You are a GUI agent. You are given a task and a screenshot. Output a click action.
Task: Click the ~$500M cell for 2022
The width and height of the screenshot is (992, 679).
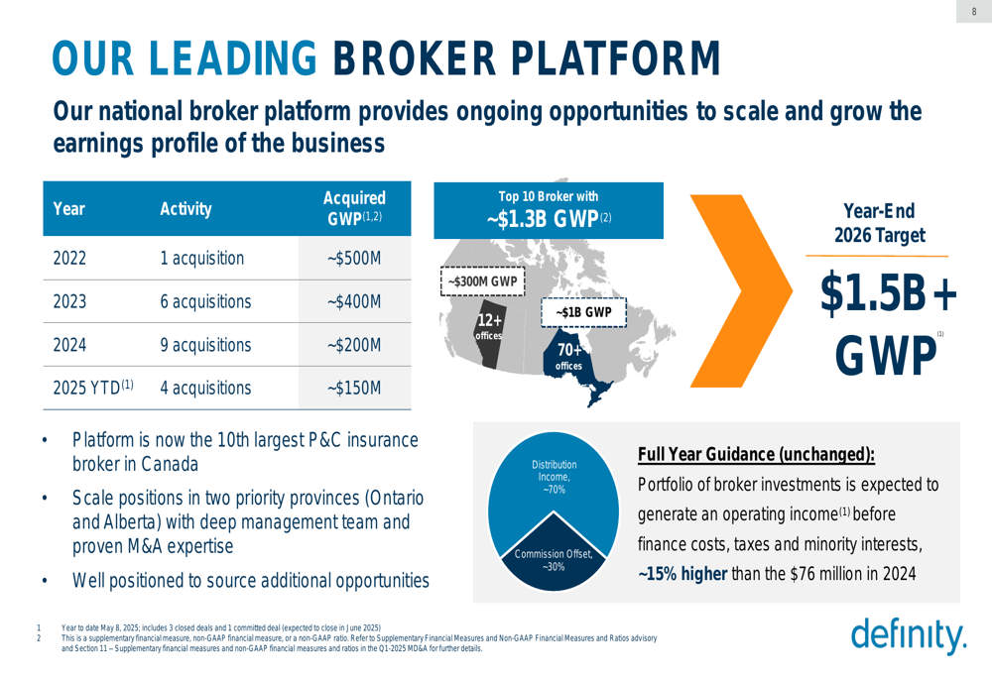click(354, 259)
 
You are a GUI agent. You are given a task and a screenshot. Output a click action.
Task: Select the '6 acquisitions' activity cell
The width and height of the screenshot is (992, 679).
click(205, 301)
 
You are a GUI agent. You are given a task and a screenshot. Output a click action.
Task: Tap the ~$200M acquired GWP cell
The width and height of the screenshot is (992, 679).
click(354, 345)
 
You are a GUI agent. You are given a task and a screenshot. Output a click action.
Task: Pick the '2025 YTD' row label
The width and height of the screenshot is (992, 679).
click(93, 388)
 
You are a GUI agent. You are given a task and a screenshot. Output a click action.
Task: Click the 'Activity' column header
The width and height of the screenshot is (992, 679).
click(186, 208)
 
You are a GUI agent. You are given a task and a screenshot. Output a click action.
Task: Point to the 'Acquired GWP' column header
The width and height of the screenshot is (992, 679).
click(354, 207)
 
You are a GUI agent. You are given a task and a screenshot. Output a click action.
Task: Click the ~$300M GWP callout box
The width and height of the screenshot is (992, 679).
click(483, 282)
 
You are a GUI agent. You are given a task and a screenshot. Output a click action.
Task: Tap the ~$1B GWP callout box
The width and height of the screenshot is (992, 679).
click(583, 312)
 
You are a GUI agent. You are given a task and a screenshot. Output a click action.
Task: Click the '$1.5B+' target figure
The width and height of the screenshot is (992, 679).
click(888, 293)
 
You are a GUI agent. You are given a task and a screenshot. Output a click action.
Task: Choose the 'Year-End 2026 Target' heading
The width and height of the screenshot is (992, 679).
click(879, 223)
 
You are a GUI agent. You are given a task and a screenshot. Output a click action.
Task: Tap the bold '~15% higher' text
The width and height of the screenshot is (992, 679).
click(682, 573)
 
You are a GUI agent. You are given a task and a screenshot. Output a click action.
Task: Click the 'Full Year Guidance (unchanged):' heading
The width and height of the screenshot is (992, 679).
click(756, 455)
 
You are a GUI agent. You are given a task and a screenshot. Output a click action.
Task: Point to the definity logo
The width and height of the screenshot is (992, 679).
click(909, 634)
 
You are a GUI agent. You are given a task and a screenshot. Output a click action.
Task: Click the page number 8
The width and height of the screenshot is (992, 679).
click(974, 11)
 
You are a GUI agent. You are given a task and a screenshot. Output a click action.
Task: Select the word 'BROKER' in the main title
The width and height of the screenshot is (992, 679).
click(415, 58)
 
